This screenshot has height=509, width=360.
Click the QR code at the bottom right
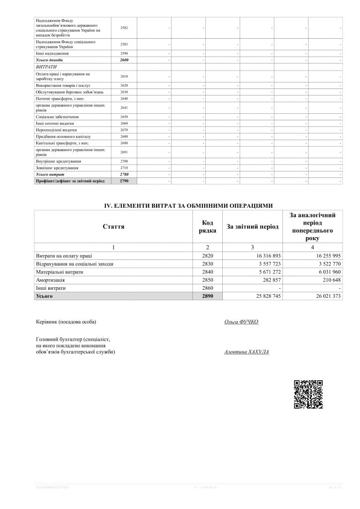point(308,394)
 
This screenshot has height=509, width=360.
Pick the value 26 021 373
point(327,296)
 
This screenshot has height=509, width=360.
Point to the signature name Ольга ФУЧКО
point(242,322)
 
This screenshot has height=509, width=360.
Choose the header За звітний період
point(253,227)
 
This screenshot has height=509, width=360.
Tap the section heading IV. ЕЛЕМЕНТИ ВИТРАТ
point(187,205)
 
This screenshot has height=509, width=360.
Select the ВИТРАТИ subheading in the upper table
point(46,66)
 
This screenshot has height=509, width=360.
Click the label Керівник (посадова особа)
point(66,322)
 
